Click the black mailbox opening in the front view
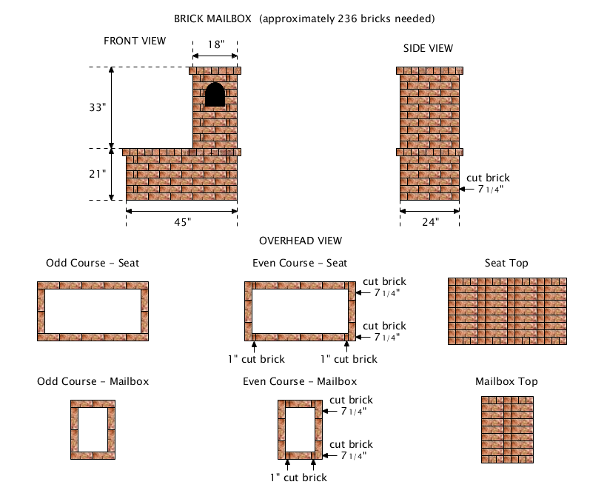[x=215, y=94]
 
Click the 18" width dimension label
[x=215, y=44]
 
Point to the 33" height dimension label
[x=97, y=107]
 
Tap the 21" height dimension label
[x=97, y=174]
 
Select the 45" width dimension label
[x=182, y=222]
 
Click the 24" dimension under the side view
[x=431, y=222]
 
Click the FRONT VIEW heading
[x=135, y=41]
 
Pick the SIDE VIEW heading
[x=428, y=48]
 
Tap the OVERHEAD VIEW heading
[x=301, y=241]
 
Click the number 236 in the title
[x=346, y=19]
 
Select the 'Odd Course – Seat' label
[x=93, y=264]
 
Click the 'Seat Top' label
[x=506, y=264]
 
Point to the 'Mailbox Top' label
[x=506, y=382]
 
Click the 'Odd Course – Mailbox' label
[x=93, y=382]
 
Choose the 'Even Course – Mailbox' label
[x=300, y=382]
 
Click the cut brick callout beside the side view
[x=488, y=184]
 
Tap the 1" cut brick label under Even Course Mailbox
[x=298, y=477]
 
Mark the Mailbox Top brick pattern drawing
[x=507, y=429]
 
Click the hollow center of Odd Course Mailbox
[x=93, y=429]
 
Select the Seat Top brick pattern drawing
[x=507, y=311]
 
